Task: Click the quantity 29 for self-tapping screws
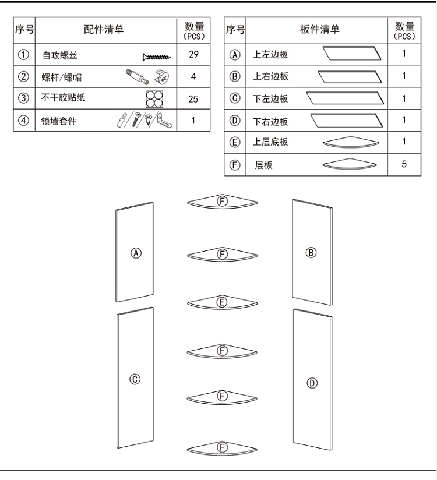coord(193,54)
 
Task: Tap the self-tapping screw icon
coord(157,57)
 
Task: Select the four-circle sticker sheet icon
coord(154,99)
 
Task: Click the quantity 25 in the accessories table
coord(193,99)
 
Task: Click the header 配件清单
coord(104,29)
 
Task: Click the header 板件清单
coord(320,29)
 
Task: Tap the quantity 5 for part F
coord(404,164)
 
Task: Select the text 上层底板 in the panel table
coord(270,142)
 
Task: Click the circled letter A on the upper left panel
coord(136,253)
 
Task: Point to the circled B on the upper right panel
coord(311,253)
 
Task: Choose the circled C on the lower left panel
coord(135,379)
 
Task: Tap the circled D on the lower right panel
coord(312,383)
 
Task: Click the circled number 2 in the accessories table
coord(23,76)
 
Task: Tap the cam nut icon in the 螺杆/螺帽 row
coord(162,76)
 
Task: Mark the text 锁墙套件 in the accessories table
coord(59,121)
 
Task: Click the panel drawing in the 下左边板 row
coord(345,98)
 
